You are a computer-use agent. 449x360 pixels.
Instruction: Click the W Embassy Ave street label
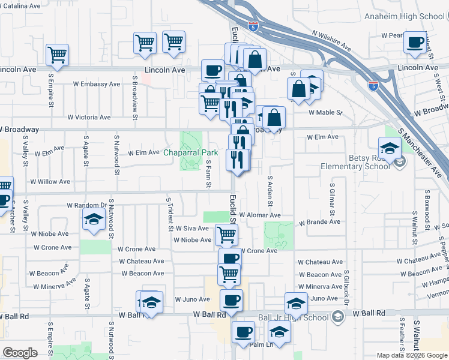95,84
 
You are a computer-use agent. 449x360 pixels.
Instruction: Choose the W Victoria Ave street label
91,117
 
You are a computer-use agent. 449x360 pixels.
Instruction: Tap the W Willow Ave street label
50,181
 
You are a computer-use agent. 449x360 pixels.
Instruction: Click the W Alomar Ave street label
260,215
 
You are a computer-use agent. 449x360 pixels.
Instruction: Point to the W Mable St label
325,112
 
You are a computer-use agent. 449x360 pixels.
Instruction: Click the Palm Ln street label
261,344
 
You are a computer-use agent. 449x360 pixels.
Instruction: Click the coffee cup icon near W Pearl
414,43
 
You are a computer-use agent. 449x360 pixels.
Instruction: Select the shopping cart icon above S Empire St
57,55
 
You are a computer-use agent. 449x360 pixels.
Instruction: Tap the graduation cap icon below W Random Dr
93,220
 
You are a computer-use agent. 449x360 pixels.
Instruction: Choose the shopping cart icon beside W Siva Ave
226,233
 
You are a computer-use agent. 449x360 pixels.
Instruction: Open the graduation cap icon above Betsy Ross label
390,147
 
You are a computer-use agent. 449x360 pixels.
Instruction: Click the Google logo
20,353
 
